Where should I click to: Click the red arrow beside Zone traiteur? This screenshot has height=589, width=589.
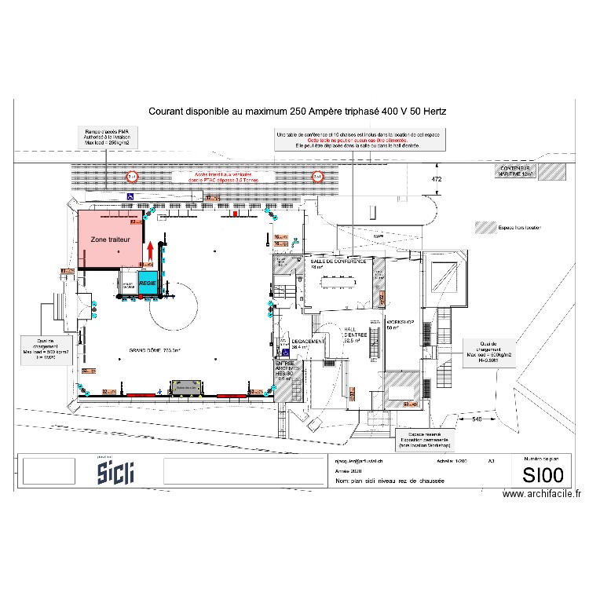149,251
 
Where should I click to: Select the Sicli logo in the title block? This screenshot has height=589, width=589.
115,472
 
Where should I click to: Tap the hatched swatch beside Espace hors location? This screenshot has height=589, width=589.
482,228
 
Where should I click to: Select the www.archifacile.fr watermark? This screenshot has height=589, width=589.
541,494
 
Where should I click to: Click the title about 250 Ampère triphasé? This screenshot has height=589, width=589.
297,112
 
